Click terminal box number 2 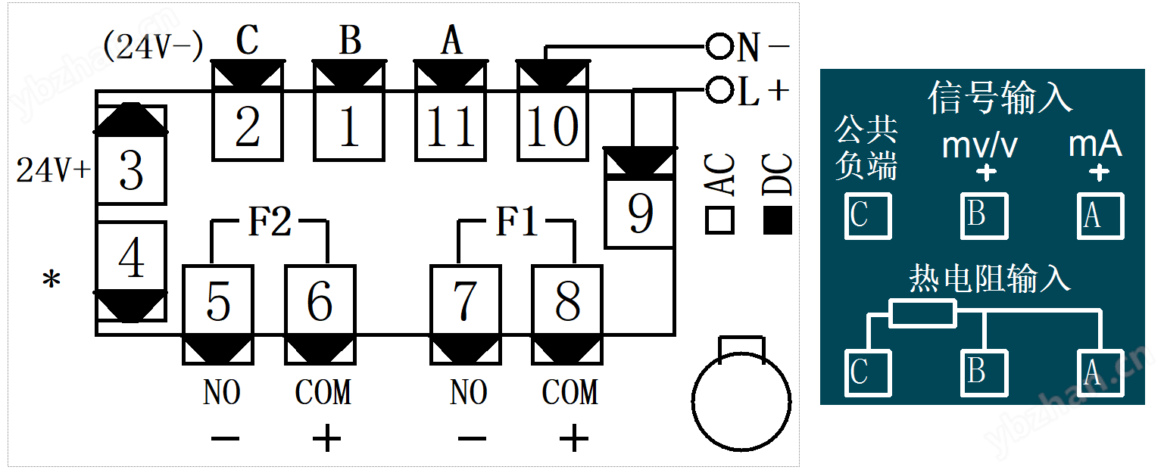click(x=248, y=126)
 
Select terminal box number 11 click(x=451, y=126)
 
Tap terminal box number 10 click(x=553, y=126)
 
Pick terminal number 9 click(x=640, y=213)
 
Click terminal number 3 click(x=132, y=170)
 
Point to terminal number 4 click(x=132, y=257)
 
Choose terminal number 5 click(x=218, y=300)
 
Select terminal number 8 click(x=567, y=300)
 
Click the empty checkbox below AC click(x=719, y=220)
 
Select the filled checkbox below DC click(x=778, y=220)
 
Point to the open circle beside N click(x=719, y=47)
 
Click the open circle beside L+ click(x=719, y=90)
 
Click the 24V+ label click(x=54, y=170)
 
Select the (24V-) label click(x=153, y=46)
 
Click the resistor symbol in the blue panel click(x=923, y=313)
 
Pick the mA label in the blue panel click(x=1095, y=144)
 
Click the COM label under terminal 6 click(x=323, y=392)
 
